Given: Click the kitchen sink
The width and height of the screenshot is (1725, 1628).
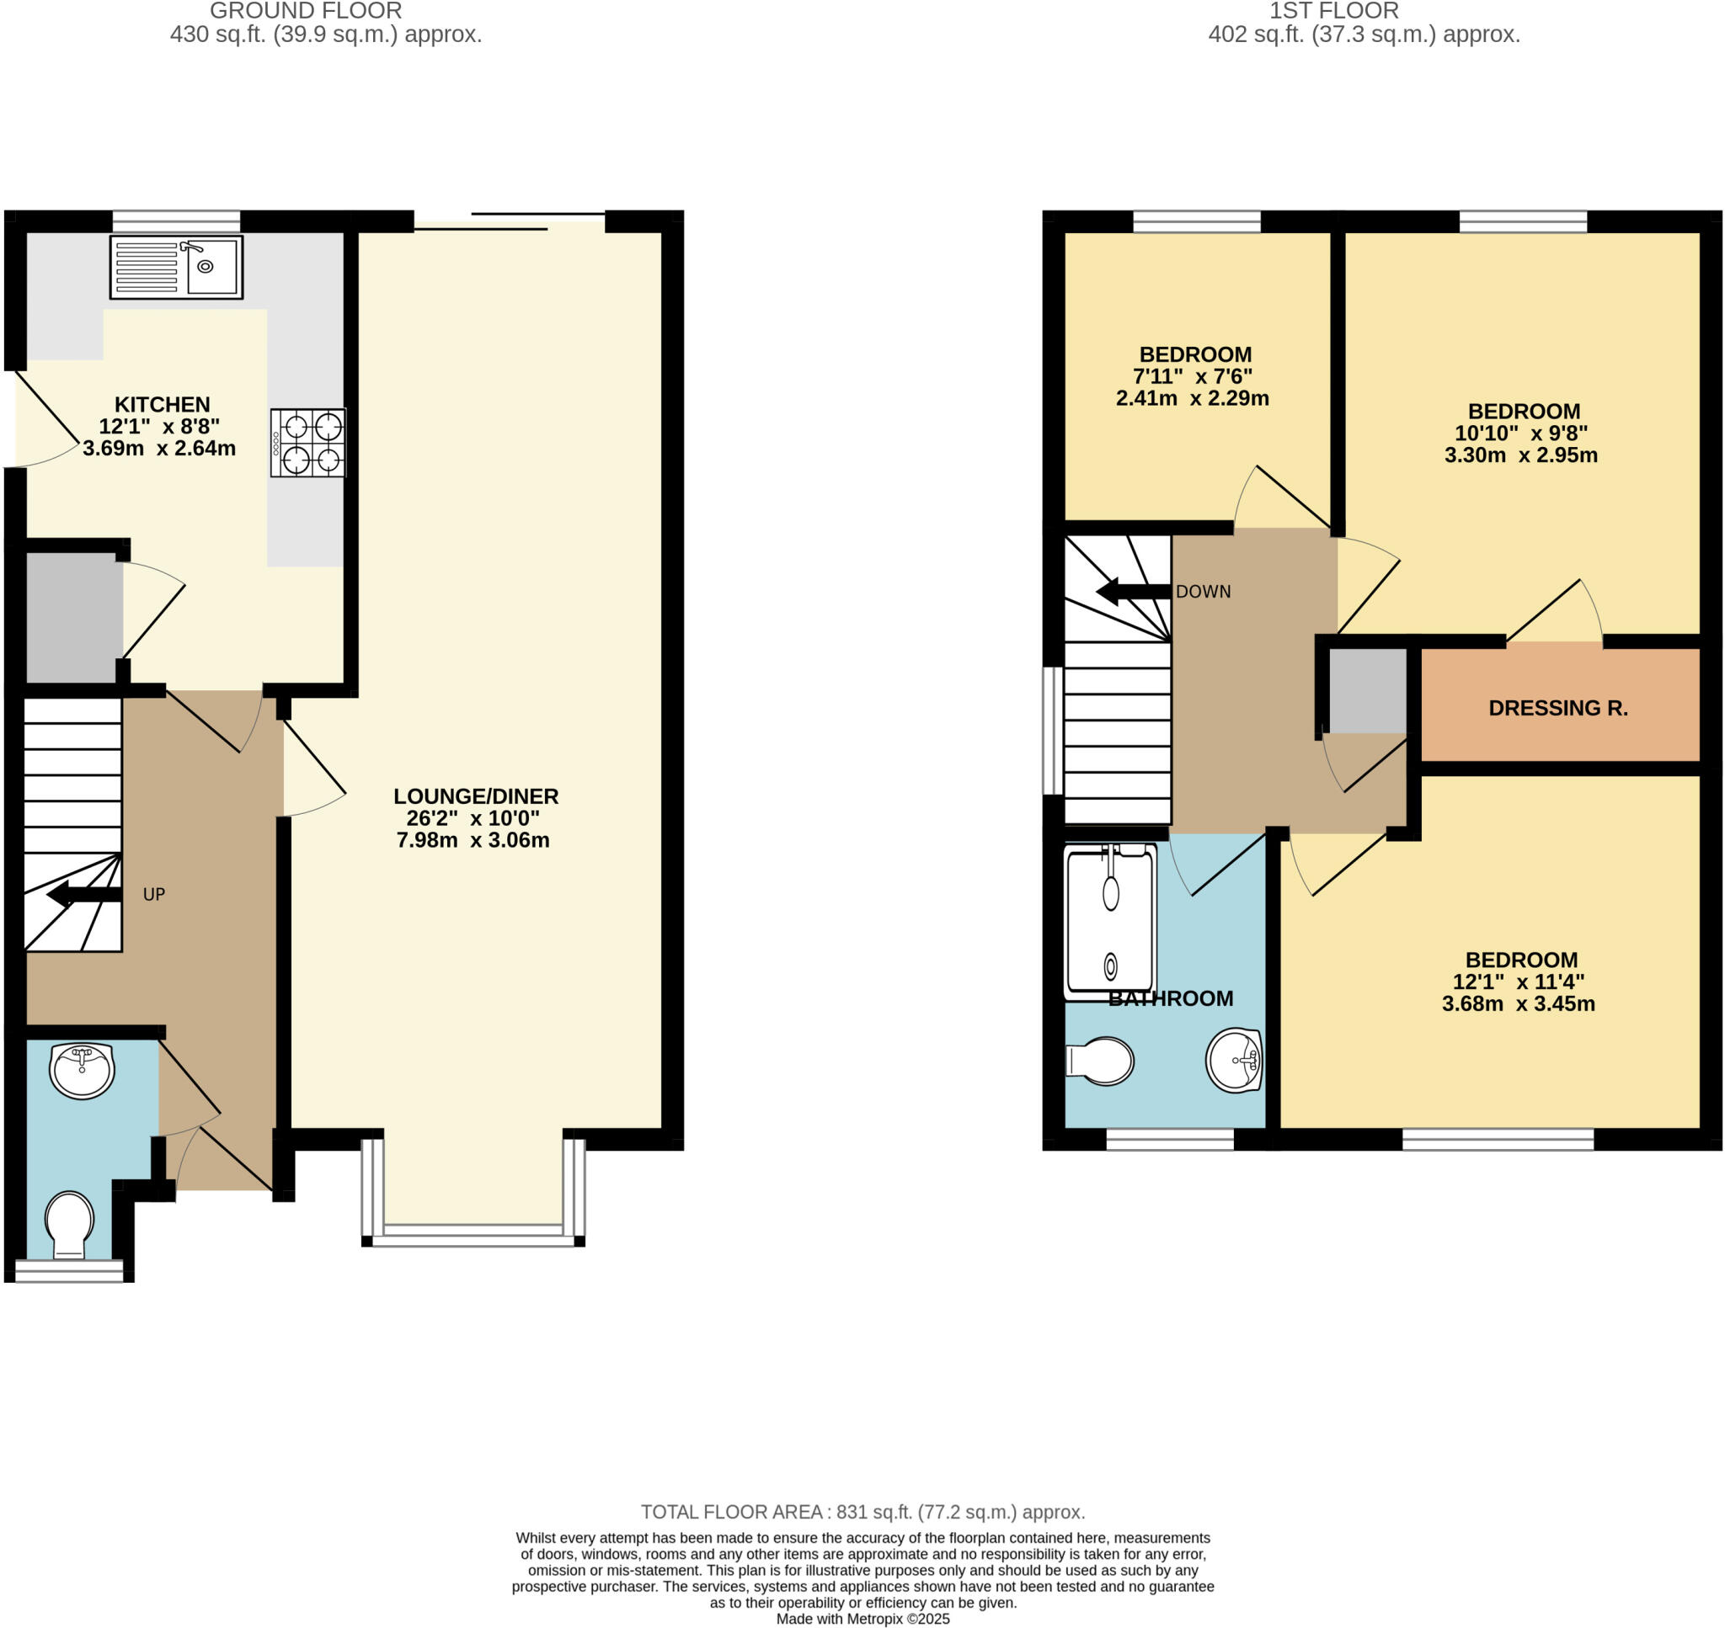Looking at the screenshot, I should pyautogui.click(x=176, y=268).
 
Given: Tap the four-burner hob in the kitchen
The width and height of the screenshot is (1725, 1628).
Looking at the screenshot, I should pyautogui.click(x=308, y=443).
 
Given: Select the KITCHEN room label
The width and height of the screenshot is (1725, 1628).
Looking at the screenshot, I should pyautogui.click(x=163, y=404).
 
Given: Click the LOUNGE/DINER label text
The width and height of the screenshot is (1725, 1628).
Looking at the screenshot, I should pyautogui.click(x=476, y=795).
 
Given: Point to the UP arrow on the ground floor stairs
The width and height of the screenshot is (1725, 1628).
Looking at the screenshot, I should pyautogui.click(x=83, y=894).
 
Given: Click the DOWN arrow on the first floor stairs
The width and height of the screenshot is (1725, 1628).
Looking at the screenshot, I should pyautogui.click(x=1133, y=593).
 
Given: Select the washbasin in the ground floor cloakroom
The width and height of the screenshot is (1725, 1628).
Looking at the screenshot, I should pyautogui.click(x=83, y=1070).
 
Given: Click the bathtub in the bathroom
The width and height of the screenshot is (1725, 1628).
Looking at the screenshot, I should pyautogui.click(x=1110, y=923).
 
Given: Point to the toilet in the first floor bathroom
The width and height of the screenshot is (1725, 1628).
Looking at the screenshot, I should pyautogui.click(x=1101, y=1061).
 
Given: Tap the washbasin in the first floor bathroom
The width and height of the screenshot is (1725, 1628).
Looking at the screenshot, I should pyautogui.click(x=1234, y=1060).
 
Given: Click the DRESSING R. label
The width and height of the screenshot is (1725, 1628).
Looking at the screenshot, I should pyautogui.click(x=1557, y=708).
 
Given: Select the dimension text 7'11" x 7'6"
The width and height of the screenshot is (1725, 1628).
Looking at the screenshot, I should pyautogui.click(x=1193, y=376).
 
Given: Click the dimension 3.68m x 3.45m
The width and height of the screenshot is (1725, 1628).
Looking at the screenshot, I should pyautogui.click(x=1519, y=1004).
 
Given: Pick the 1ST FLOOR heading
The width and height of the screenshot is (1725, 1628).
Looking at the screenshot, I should pyautogui.click(x=1333, y=11).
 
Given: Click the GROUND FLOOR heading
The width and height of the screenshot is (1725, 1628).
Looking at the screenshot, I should pyautogui.click(x=306, y=11).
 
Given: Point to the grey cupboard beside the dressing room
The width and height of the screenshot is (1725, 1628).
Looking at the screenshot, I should pyautogui.click(x=1367, y=691).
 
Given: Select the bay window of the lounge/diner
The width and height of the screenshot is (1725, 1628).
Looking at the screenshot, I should pyautogui.click(x=473, y=1233).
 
